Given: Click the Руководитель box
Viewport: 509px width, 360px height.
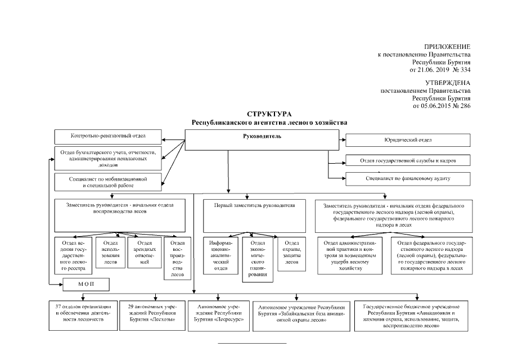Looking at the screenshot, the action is coord(262,140).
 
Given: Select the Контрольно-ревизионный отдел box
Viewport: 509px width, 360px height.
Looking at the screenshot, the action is coord(108,137).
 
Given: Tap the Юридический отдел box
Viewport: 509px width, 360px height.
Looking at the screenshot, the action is coord(408,140).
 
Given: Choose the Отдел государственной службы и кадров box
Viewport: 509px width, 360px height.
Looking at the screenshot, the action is coord(408,160).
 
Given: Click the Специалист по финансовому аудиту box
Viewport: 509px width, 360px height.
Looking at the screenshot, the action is coord(408,179).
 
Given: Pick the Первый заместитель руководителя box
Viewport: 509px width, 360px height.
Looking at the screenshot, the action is coord(254,216).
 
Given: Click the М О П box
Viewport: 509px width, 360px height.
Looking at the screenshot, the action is coord(86,285).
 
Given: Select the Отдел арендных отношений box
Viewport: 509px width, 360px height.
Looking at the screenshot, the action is coord(145,253).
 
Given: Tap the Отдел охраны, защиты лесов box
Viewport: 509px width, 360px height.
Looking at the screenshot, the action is coord(291,254).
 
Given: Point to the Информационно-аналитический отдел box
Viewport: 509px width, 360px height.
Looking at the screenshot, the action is coord(220,256).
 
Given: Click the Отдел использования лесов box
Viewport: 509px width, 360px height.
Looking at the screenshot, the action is coord(110,253).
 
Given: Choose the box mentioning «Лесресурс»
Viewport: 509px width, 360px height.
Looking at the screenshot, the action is coord(219,316).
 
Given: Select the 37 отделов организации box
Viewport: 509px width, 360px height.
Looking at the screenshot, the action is coord(83,316).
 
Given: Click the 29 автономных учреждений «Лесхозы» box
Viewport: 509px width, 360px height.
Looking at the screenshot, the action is coord(152,316).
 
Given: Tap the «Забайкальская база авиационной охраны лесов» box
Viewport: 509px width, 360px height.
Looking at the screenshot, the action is coord(301,316).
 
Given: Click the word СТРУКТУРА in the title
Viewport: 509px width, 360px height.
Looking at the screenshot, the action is coord(269,114).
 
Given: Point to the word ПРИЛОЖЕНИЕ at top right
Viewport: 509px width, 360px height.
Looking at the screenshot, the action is coord(447,47).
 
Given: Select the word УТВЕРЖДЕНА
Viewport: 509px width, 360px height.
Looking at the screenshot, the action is coord(448,83).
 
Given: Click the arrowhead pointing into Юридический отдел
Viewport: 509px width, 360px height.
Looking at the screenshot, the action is coord(344,140).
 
